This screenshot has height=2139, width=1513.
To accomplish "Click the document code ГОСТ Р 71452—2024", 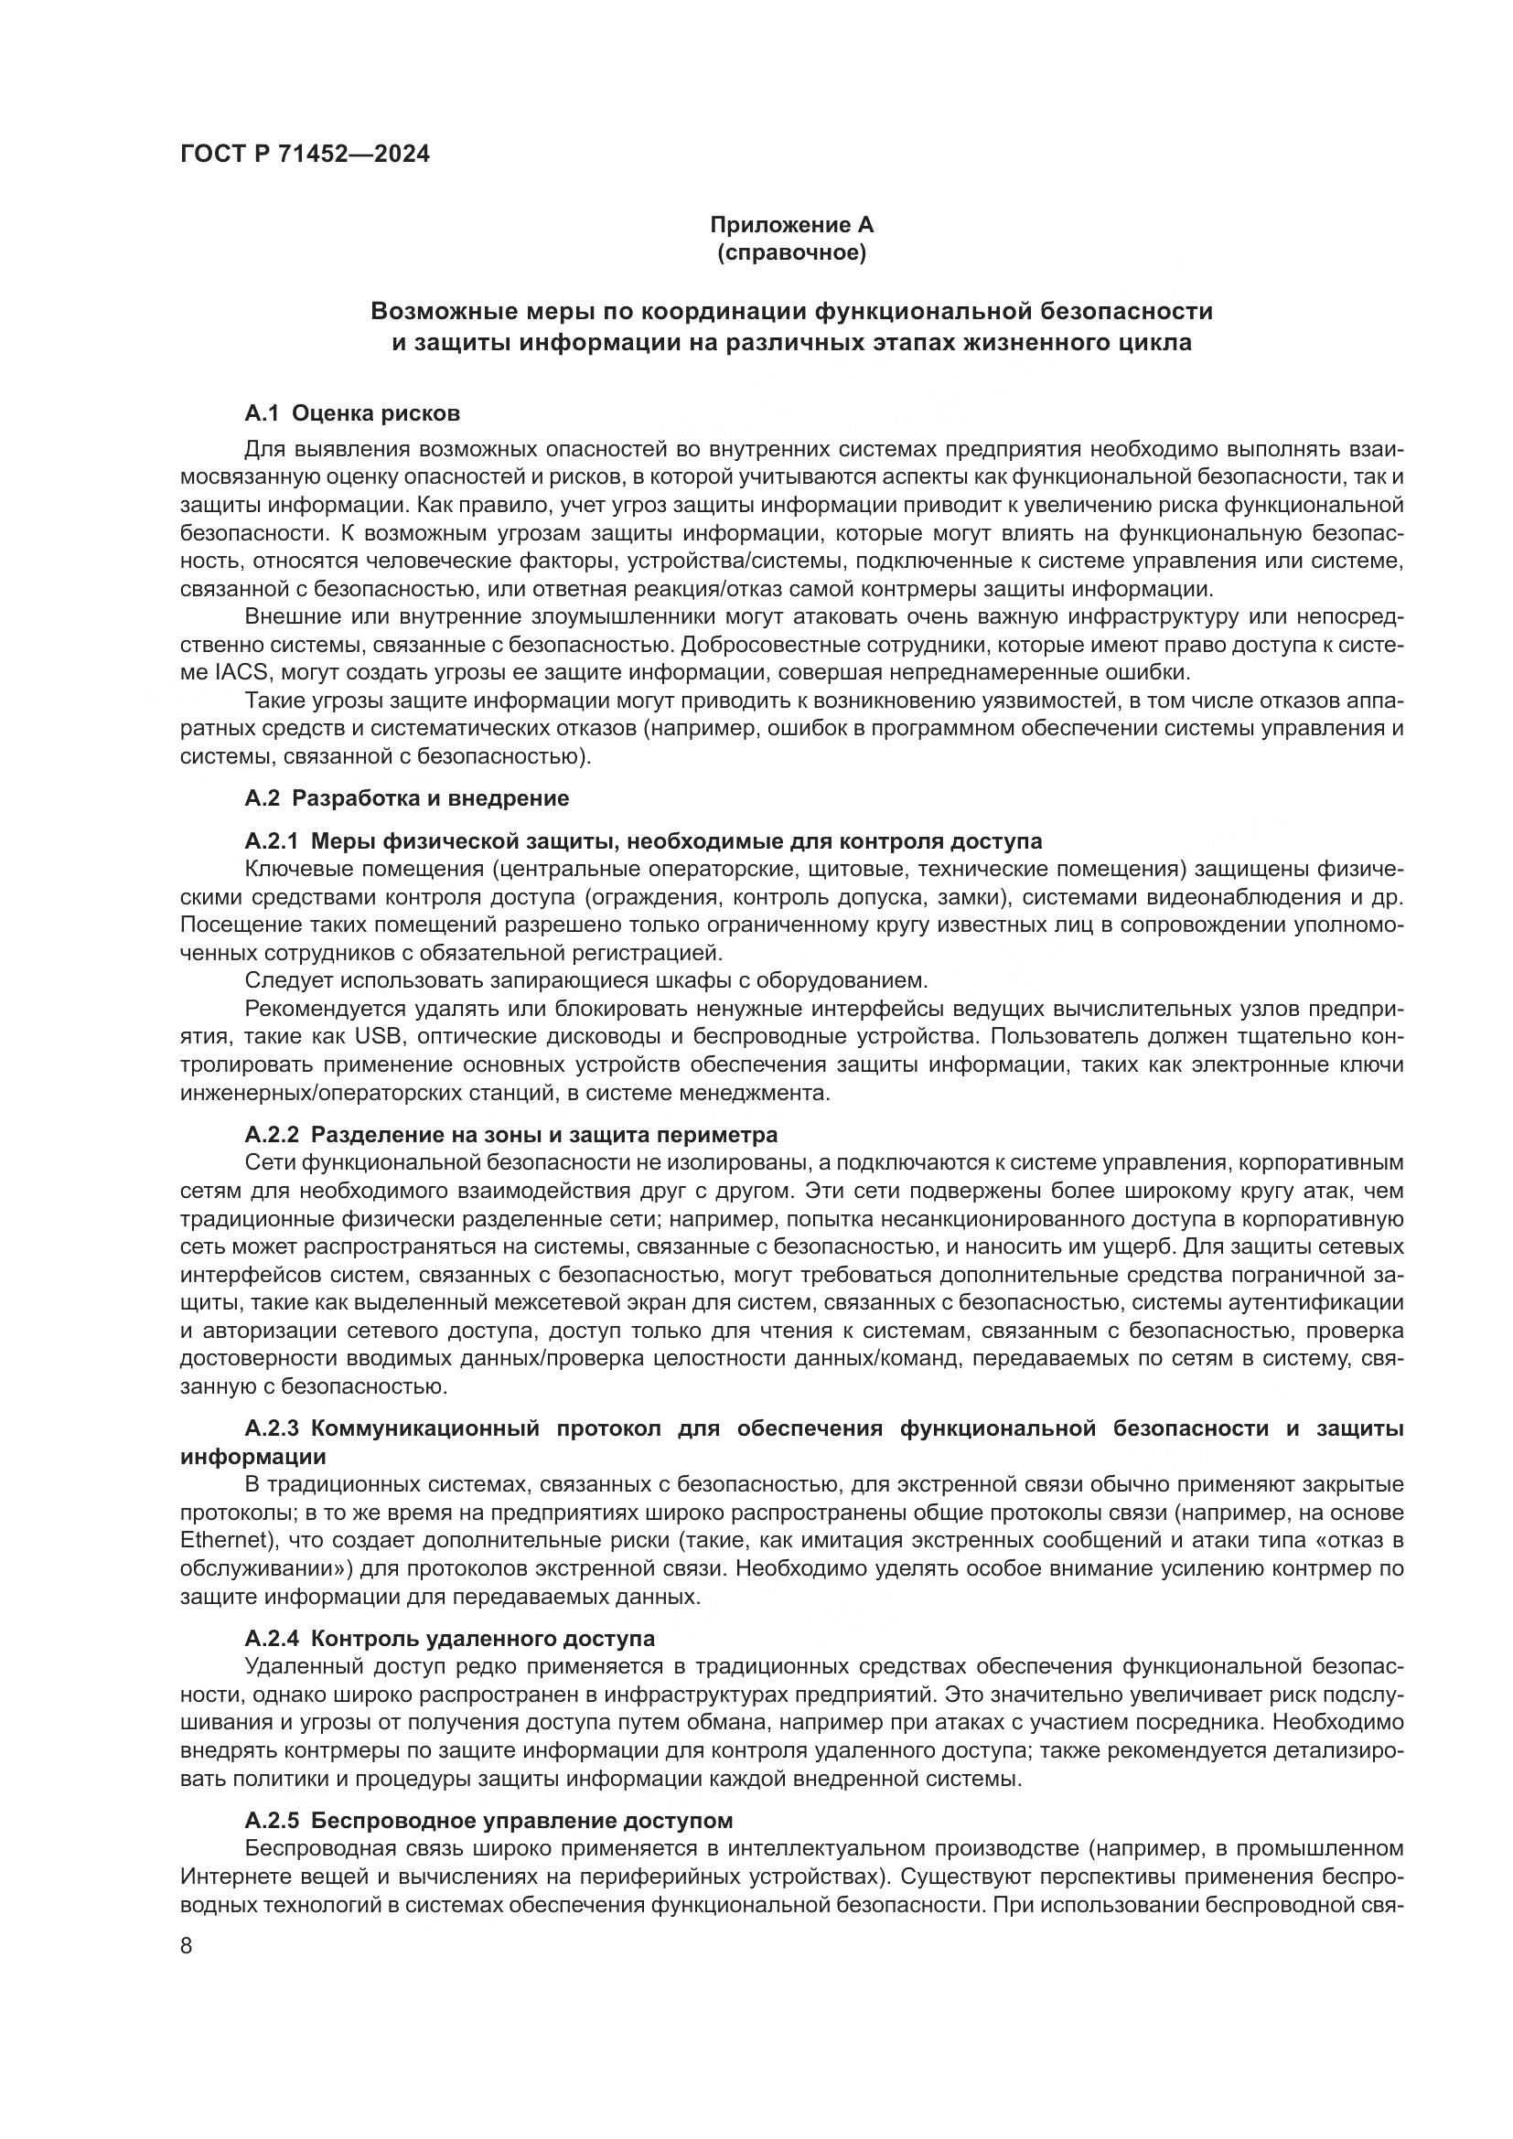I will tap(305, 155).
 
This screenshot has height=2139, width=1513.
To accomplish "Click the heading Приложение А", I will tap(791, 225).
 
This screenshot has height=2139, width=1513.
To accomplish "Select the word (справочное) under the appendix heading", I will tap(791, 252).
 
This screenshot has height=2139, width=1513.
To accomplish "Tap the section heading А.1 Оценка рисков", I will tap(351, 412).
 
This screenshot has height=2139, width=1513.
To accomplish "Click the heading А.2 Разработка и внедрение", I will tap(406, 798).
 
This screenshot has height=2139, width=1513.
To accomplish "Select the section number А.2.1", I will tap(271, 841).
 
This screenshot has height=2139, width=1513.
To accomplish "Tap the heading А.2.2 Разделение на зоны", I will tap(510, 1135).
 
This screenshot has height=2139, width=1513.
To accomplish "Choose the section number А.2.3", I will tap(271, 1429).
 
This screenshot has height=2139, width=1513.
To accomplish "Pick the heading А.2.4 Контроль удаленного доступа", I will tap(449, 1639).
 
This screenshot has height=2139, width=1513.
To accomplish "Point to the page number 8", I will tap(187, 1946).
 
